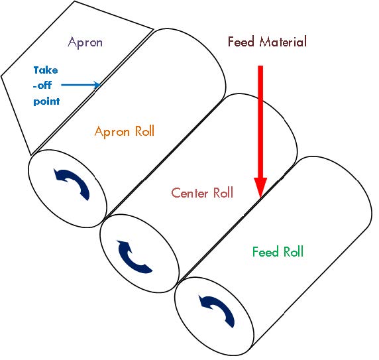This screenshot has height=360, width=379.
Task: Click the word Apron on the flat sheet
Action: point(85,43)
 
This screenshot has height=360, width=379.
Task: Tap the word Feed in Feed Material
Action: point(241,42)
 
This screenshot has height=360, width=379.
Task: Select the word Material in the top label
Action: point(283,42)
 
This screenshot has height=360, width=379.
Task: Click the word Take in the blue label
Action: point(46,70)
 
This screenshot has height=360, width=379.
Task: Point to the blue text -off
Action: point(42,85)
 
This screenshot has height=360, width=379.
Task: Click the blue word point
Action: point(46,101)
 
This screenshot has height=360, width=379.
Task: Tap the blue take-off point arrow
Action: point(81,85)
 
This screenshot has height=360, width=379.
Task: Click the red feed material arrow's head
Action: point(260,188)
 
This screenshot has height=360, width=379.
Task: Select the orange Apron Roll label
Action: point(125,132)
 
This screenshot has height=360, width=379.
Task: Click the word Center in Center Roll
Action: point(189,193)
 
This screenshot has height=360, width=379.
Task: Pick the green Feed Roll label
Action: point(278,252)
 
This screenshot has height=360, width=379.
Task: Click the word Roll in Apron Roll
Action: point(145,131)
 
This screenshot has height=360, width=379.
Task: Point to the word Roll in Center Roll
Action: point(223,193)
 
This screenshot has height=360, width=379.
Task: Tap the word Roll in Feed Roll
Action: point(294,252)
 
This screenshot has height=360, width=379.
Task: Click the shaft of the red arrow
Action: point(260,122)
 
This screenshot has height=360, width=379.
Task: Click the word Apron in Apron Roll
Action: point(112,132)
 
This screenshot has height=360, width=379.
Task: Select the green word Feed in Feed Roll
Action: point(266,252)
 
